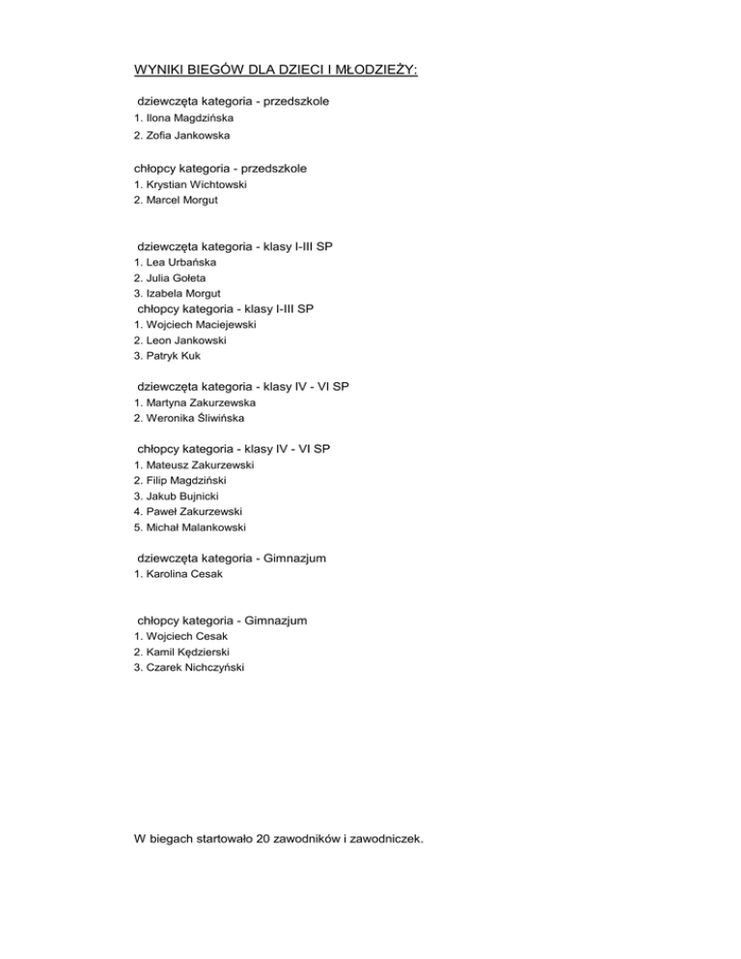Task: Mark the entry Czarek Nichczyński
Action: click(190, 668)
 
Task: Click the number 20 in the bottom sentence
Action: click(263, 839)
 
